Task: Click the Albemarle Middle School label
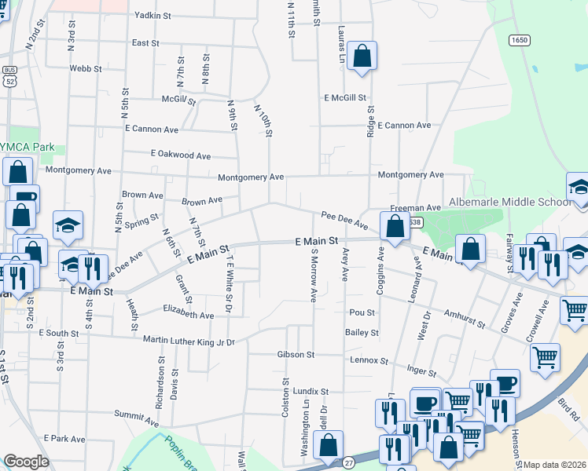point(510,202)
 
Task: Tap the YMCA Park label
point(31,147)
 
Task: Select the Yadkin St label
point(153,15)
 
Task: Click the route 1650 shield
point(517,41)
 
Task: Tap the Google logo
point(26,462)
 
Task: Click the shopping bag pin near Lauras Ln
point(361,56)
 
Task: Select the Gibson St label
point(296,355)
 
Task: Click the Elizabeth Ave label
point(188,316)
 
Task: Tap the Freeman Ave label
point(422,208)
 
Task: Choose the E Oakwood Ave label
point(182,155)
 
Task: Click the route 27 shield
point(347,464)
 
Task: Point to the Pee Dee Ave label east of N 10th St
point(344,220)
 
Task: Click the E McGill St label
point(345,98)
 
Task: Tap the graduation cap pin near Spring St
point(68,225)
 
